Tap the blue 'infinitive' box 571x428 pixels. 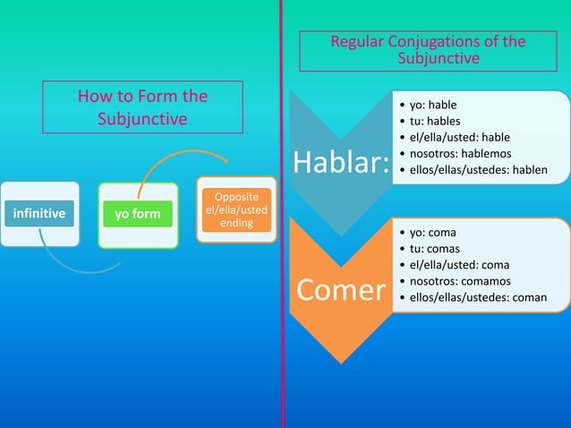click(38, 214)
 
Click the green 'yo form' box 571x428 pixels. click(137, 214)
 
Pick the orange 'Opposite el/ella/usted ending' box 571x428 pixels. click(236, 210)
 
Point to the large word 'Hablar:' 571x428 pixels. click(341, 163)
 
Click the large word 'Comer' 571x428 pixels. click(340, 289)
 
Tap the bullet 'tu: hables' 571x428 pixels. click(432, 121)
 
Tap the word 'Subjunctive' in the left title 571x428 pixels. click(142, 119)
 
